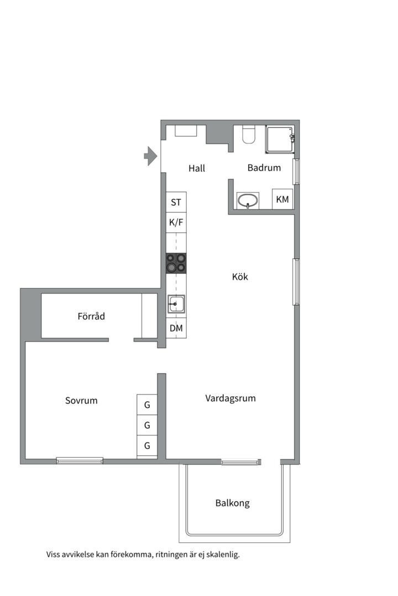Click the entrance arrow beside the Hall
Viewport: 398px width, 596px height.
tap(150, 156)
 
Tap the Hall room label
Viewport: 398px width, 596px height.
tap(196, 168)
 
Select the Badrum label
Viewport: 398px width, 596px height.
tap(264, 168)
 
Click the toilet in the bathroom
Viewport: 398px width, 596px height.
tap(248, 135)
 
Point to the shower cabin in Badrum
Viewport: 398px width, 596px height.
tap(280, 140)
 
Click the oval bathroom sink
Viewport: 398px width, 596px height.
tap(248, 201)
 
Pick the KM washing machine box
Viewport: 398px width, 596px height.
tap(282, 199)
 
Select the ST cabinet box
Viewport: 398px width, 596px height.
tap(176, 203)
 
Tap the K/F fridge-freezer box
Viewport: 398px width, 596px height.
tap(176, 222)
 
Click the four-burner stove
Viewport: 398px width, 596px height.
tap(176, 263)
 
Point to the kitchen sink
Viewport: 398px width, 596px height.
tap(176, 304)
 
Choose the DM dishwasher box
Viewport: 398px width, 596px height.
tap(176, 328)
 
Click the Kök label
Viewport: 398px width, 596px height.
tap(240, 276)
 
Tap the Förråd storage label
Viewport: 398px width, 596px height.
tap(91, 317)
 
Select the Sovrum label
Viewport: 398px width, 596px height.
tap(81, 401)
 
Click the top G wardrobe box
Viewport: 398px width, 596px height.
tap(147, 405)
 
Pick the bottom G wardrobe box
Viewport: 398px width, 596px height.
tap(147, 445)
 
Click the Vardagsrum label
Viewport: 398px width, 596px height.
tap(231, 398)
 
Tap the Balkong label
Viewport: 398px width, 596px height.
tap(232, 503)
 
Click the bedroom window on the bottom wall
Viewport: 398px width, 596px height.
tap(80, 460)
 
